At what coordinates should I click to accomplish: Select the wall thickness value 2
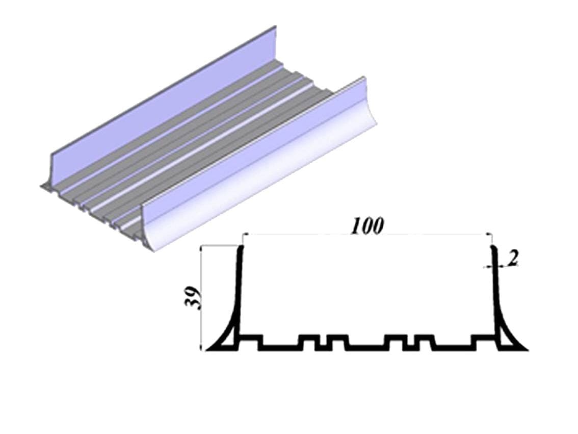[513, 259]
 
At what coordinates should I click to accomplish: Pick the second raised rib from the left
[307, 338]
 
